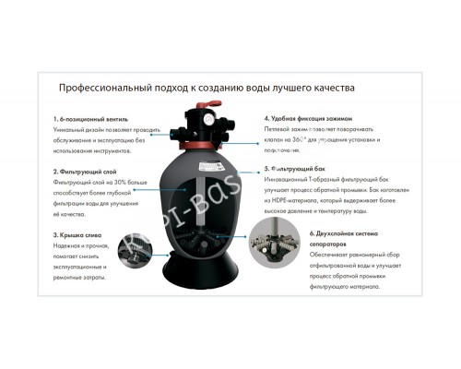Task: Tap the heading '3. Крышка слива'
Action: tap(80, 236)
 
